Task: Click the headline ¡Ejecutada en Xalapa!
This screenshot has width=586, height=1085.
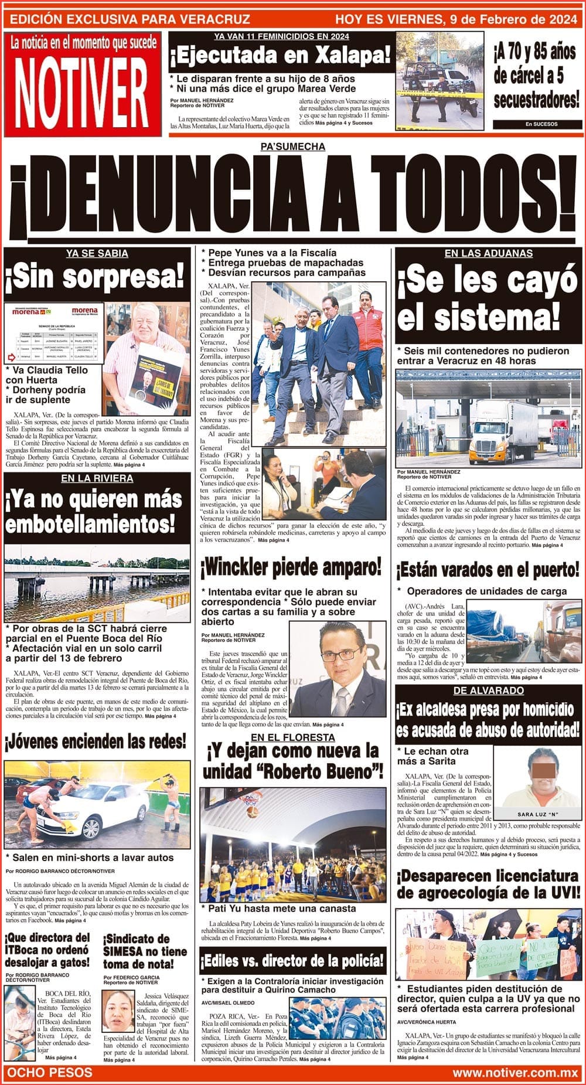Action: click(280, 57)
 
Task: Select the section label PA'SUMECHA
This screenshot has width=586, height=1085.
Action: click(292, 147)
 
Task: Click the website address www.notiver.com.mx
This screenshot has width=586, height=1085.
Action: click(515, 1073)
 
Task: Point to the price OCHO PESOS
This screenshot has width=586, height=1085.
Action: click(49, 1073)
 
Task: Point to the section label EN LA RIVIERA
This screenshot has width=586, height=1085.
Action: click(97, 478)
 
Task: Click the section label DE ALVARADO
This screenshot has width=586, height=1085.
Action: click(488, 691)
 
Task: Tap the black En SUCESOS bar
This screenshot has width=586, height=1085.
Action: click(533, 124)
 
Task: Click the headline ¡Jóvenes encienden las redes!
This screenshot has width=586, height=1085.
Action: click(96, 742)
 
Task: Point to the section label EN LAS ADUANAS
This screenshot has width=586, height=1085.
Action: click(488, 253)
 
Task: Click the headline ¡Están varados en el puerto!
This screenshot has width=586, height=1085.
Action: click(488, 569)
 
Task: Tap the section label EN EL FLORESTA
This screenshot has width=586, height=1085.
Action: click(292, 737)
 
